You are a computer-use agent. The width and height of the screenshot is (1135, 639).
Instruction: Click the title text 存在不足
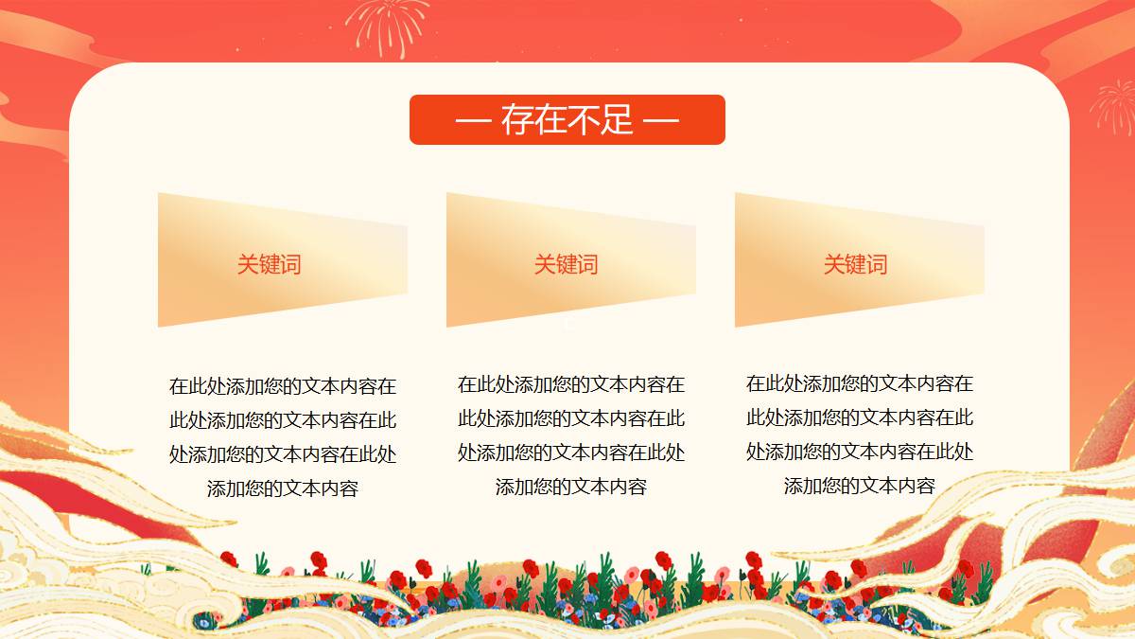[x=567, y=119]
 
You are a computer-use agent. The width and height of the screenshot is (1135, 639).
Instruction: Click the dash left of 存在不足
[x=473, y=121]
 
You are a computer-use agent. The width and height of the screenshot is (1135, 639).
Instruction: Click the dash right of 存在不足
[x=661, y=121]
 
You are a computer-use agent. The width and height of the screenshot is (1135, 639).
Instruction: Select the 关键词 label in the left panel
[x=269, y=264]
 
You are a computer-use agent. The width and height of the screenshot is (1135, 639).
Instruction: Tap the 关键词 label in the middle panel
[x=566, y=264]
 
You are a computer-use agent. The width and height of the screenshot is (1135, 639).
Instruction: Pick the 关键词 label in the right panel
[x=855, y=264]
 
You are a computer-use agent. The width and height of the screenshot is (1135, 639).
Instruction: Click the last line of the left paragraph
[x=283, y=488]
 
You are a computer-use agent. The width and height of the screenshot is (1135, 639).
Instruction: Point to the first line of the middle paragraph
[x=571, y=384]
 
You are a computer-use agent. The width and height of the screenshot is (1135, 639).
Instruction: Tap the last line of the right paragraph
[x=860, y=486]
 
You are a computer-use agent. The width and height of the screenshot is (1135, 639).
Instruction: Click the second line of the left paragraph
[x=283, y=420]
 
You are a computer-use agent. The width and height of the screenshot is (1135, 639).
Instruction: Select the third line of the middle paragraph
[x=571, y=453]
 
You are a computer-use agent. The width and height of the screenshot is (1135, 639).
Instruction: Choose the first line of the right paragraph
[x=860, y=383]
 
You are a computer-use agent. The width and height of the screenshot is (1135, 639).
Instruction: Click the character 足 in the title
[x=617, y=119]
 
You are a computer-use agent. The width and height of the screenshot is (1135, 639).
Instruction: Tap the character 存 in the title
[x=518, y=119]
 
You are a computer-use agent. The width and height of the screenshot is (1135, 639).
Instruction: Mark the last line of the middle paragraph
[x=571, y=487]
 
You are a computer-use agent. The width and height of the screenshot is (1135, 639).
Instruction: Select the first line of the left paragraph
[x=283, y=386]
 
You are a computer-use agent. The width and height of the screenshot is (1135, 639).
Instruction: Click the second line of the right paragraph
[x=860, y=417]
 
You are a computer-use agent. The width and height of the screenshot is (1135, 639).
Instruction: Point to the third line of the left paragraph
[x=283, y=454]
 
